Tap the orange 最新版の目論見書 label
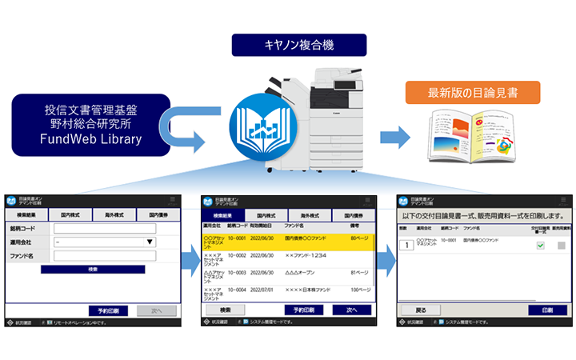tap(473, 92)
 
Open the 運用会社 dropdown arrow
tap(149, 242)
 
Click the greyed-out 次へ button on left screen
tap(156, 310)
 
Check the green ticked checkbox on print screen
tap(540, 245)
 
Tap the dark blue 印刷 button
tap(547, 310)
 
